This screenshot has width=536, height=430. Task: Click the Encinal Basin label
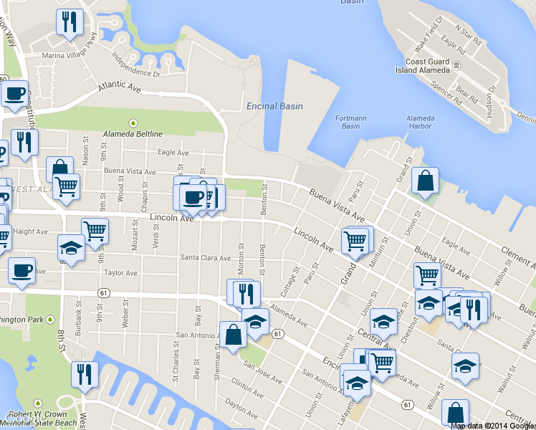(x=274, y=106)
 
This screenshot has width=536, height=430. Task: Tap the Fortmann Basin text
(x=350, y=122)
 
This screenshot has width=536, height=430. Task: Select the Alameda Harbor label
(x=419, y=122)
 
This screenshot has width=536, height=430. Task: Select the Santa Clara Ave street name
(x=205, y=258)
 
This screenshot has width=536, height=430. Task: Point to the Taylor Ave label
(x=120, y=273)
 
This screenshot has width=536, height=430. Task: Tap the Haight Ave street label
(x=30, y=231)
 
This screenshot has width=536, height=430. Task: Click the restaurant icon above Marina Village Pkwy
(x=70, y=22)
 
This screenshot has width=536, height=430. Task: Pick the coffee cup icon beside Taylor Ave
(x=21, y=271)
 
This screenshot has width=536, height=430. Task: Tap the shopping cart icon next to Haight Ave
(x=95, y=230)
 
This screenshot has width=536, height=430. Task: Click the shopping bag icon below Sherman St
(x=234, y=335)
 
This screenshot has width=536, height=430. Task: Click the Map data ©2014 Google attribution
(x=492, y=426)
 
